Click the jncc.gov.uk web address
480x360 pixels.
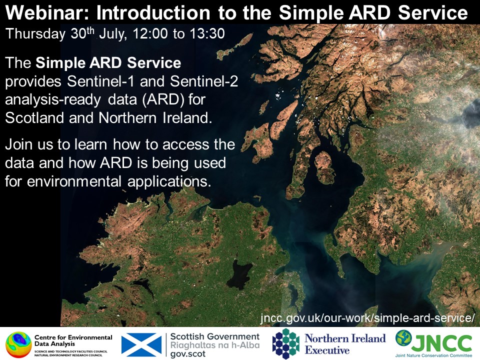[x=367, y=318]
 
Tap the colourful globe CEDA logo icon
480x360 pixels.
[x=18, y=344]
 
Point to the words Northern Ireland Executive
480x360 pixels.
[x=345, y=343]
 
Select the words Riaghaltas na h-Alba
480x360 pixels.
[x=215, y=344]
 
